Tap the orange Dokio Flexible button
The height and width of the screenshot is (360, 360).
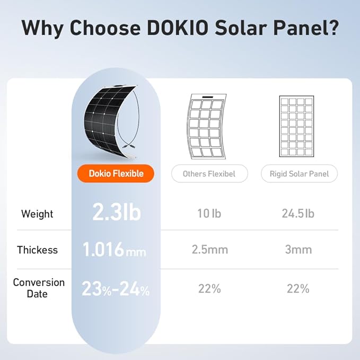point(116,173)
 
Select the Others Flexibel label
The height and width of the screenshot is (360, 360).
point(209,173)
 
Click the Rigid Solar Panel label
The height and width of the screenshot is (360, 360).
point(298,173)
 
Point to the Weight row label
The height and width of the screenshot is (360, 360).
point(37,214)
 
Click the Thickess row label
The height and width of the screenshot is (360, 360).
point(37,250)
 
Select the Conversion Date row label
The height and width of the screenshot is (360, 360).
point(38,288)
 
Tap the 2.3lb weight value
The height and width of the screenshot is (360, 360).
point(116,213)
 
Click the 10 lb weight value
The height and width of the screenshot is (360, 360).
point(208,214)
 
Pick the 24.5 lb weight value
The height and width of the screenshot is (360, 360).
point(298,214)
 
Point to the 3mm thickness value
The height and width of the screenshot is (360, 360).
point(298,250)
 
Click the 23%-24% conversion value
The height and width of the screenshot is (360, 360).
point(116,289)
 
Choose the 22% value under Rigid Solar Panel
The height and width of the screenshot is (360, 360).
point(298,289)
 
